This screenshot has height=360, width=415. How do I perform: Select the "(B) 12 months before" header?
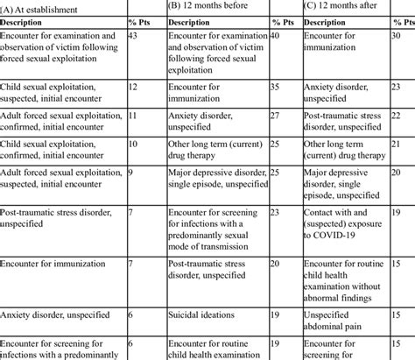(x=211, y=6)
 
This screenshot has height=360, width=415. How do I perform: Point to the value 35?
(x=275, y=88)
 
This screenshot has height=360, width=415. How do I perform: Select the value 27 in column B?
(x=275, y=114)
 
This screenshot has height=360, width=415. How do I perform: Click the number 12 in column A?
(x=133, y=88)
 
